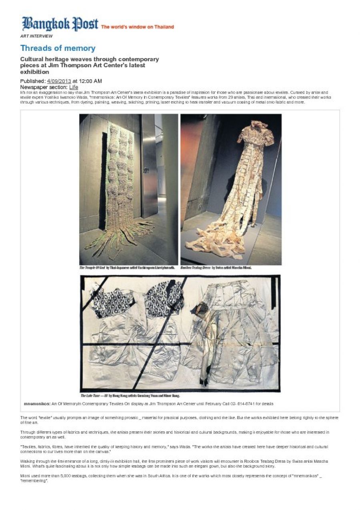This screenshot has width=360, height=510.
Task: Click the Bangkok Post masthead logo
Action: point(60,24)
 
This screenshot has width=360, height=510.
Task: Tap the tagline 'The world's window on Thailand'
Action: point(137,27)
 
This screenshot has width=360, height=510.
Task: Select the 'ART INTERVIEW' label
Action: point(36,36)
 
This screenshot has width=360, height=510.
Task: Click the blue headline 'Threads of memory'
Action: point(58,48)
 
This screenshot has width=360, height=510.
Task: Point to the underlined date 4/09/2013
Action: point(59,81)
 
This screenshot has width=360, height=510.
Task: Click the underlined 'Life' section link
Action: point(74,87)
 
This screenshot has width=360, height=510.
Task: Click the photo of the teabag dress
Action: point(231,189)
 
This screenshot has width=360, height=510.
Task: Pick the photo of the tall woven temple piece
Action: point(128,189)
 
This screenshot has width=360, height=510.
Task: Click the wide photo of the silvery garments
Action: point(180,333)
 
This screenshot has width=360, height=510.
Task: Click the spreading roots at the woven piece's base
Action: point(120,236)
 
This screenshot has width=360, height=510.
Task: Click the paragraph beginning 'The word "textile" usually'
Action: point(179,420)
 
